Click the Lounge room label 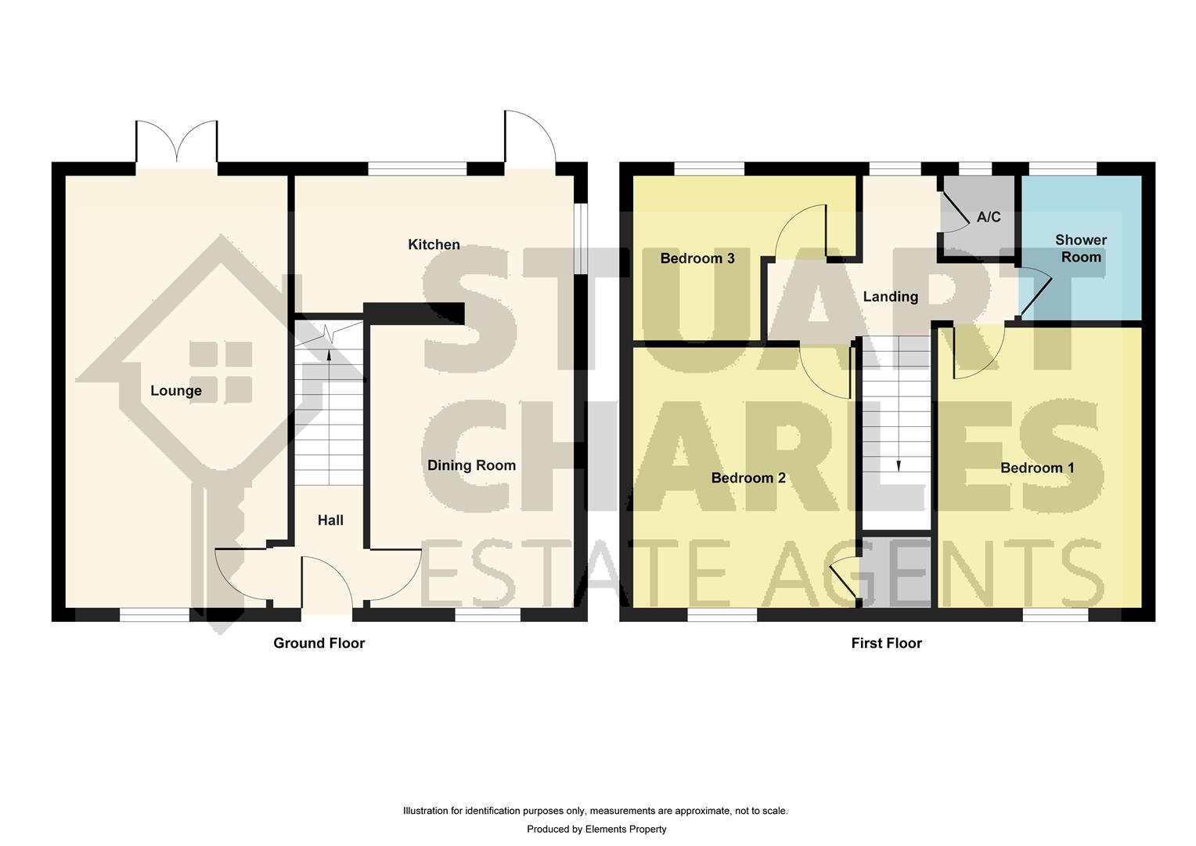tap(176, 391)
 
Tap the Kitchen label tap(434, 245)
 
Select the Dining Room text tap(471, 465)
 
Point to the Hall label tap(330, 520)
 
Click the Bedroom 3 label tap(697, 258)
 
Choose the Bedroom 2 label tap(748, 478)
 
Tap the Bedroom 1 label tap(1037, 468)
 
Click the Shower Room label tap(1081, 248)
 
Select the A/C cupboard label tap(989, 217)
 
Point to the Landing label tap(890, 297)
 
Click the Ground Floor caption tap(319, 643)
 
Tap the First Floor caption tap(887, 643)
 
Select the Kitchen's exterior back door tap(529, 141)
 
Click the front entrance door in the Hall tap(327, 584)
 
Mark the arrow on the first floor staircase tap(898, 465)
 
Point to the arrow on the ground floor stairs tap(328, 354)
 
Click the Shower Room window tap(1062, 168)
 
